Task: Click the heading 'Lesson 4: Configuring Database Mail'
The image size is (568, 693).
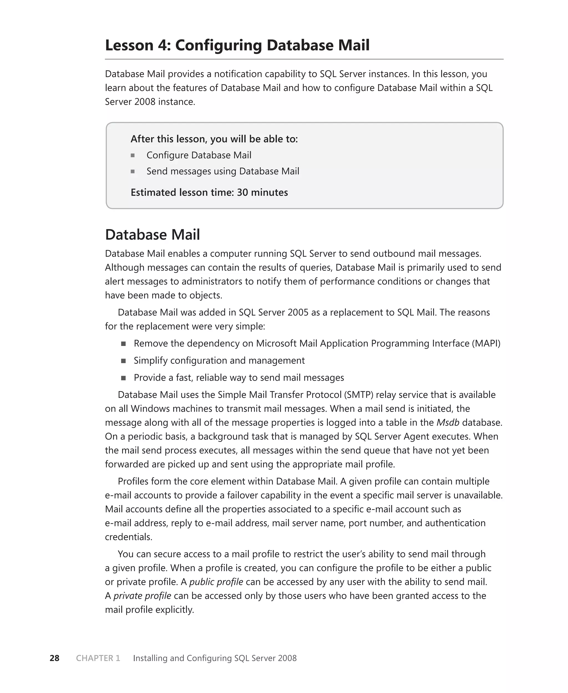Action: coord(237,45)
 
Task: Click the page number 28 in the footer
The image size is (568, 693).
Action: coord(54,658)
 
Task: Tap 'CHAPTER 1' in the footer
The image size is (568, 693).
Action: coord(98,658)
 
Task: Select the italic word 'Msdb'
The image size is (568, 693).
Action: coord(448,423)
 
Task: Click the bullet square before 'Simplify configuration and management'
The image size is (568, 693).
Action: coord(123,361)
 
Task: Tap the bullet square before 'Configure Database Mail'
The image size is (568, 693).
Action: coord(133,155)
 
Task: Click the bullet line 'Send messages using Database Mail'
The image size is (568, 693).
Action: coord(222,171)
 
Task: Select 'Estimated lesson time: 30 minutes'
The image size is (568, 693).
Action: coord(209,192)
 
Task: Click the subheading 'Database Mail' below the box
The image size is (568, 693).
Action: coord(153,235)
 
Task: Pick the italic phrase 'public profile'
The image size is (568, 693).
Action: coord(216,582)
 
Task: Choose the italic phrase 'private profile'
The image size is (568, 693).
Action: coord(142,596)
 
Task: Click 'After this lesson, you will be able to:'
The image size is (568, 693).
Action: coord(214,139)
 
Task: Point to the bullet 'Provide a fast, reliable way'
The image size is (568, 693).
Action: coord(239,378)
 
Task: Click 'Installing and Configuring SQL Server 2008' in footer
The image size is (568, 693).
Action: coord(215,658)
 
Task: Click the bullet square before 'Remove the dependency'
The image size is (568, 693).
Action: coord(123,344)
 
